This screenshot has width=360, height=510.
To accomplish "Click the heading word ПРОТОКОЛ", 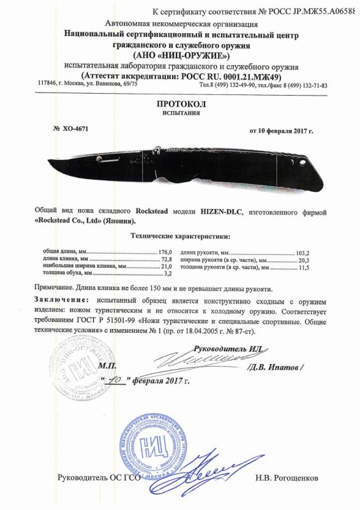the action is click(180, 104).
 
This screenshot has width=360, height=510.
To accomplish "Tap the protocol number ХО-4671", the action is click(76, 128).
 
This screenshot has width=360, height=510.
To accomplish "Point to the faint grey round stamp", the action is click(73, 369).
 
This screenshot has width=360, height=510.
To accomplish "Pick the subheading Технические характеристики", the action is click(180, 236).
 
